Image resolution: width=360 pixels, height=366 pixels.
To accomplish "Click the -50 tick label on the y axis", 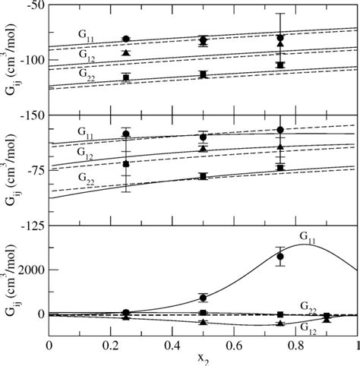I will (33, 6).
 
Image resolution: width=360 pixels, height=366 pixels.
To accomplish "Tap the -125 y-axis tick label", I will (30, 226).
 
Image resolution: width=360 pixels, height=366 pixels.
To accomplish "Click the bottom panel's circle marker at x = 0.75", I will (280, 257).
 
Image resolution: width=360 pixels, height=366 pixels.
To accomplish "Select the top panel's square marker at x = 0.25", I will (126, 77).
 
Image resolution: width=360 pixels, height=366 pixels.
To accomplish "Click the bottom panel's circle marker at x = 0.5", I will (203, 298).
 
